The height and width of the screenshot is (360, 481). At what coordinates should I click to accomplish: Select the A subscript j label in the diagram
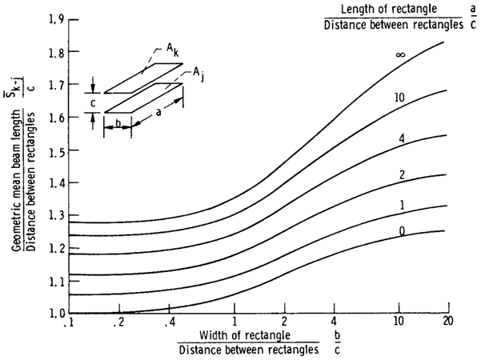196,73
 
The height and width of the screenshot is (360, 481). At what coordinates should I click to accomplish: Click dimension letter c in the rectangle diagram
93,102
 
